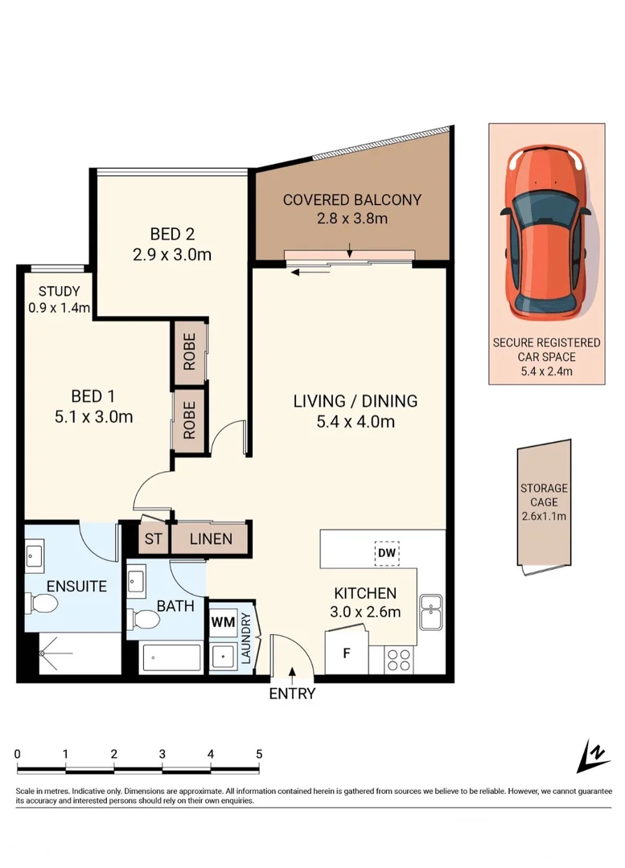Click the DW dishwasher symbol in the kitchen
tap(384, 553)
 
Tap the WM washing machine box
tap(221, 621)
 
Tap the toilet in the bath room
tap(144, 619)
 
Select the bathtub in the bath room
tap(171, 660)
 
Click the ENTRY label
tap(292, 694)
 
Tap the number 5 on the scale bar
tap(259, 754)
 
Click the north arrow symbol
tap(594, 755)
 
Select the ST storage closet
tap(153, 538)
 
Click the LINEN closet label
tap(211, 538)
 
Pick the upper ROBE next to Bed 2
tap(190, 352)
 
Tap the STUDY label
tap(53, 292)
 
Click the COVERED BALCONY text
tap(352, 200)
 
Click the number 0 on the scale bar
tap(18, 754)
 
